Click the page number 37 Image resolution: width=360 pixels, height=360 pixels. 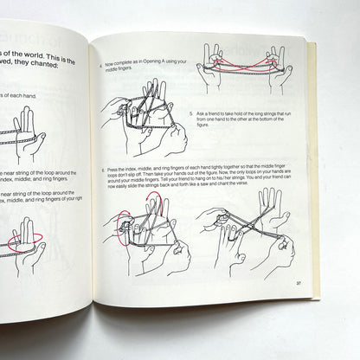tap(297, 283)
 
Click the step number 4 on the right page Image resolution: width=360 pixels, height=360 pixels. tap(102, 65)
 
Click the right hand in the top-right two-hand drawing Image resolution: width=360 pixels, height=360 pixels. tap(279, 69)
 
